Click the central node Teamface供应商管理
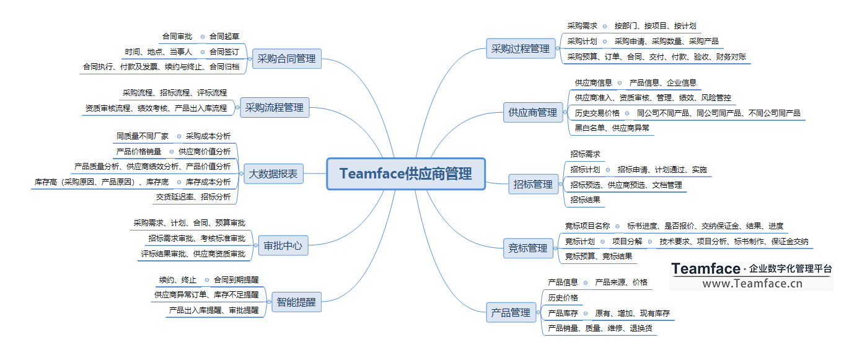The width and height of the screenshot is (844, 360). point(405,173)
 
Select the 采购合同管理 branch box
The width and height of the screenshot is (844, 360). point(286,59)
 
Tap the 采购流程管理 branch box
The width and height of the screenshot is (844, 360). point(274,107)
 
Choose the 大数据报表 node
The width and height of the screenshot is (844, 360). point(273,174)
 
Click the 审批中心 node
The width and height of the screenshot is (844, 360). point(283,245)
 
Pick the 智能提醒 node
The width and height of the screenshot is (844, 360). point(296,302)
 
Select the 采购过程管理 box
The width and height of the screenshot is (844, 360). point(521,48)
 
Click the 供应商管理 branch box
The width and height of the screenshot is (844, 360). point(532,112)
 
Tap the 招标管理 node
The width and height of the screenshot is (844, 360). point(533,184)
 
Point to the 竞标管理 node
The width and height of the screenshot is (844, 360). point(527,248)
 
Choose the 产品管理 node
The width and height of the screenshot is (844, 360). point(511,312)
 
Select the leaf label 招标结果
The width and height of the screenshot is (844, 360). point(585,200)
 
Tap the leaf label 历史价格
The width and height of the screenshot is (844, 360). point(563,297)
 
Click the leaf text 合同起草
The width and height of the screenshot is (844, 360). point(224,37)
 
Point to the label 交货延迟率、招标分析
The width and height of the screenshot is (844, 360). point(193,197)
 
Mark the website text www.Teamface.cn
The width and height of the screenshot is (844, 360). point(752,283)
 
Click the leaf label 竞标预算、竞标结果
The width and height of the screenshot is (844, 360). point(599,256)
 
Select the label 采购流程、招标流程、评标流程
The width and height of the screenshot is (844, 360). point(175,93)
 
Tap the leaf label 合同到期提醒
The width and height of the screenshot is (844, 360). point(236,279)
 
